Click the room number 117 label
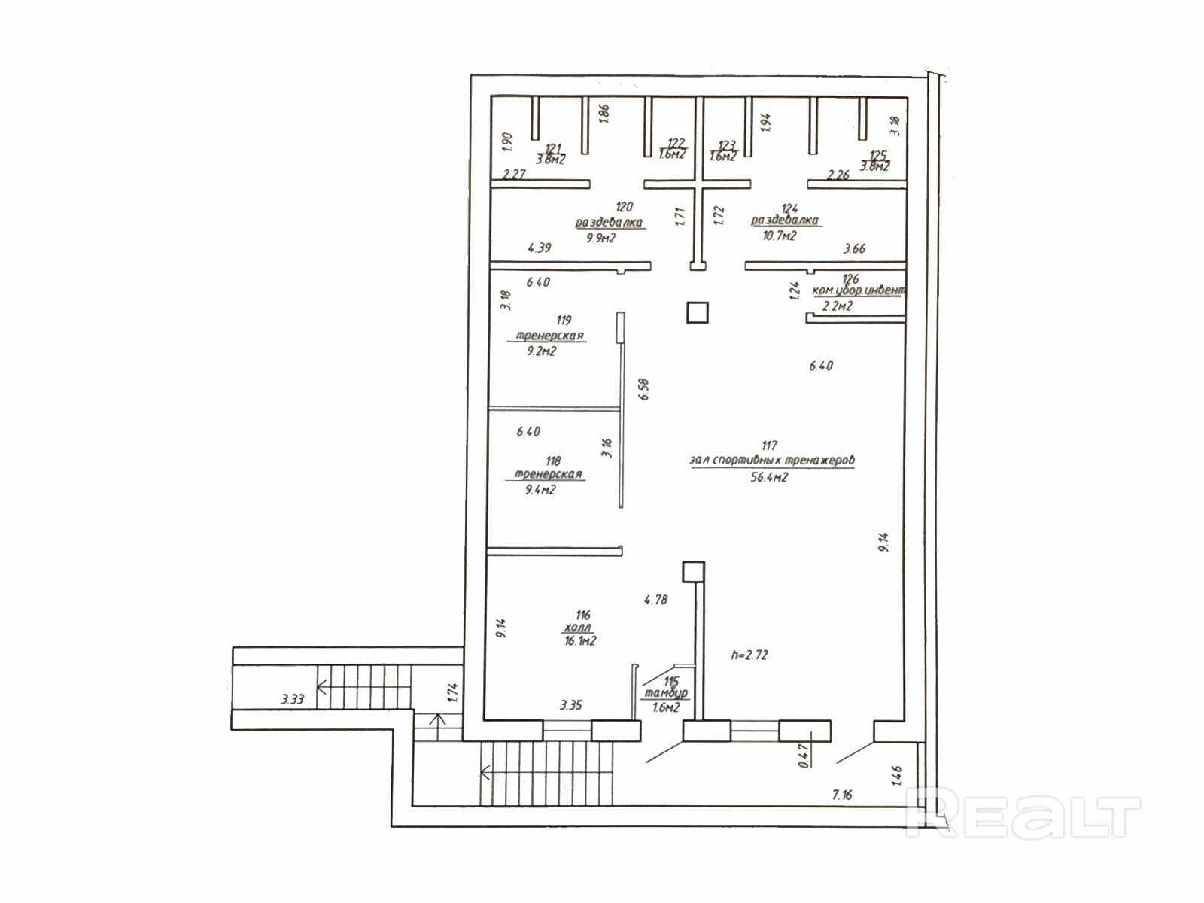click(x=769, y=445)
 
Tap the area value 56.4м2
click(x=769, y=477)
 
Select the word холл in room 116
click(x=577, y=628)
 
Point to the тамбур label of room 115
click(x=665, y=693)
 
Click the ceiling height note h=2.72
click(x=749, y=655)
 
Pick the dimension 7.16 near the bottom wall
click(x=842, y=795)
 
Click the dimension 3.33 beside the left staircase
click(x=293, y=699)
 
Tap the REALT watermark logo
click(x=1023, y=812)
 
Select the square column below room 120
click(x=698, y=312)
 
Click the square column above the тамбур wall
click(x=693, y=572)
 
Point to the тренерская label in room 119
click(x=549, y=336)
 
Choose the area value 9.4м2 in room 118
click(x=540, y=490)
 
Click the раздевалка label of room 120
click(x=609, y=223)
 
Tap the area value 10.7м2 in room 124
click(x=779, y=236)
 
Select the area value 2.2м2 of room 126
click(x=837, y=306)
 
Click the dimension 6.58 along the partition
click(x=643, y=389)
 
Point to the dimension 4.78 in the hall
click(x=655, y=600)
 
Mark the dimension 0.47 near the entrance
click(x=804, y=755)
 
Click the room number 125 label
click(x=877, y=156)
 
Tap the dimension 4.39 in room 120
click(x=540, y=248)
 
